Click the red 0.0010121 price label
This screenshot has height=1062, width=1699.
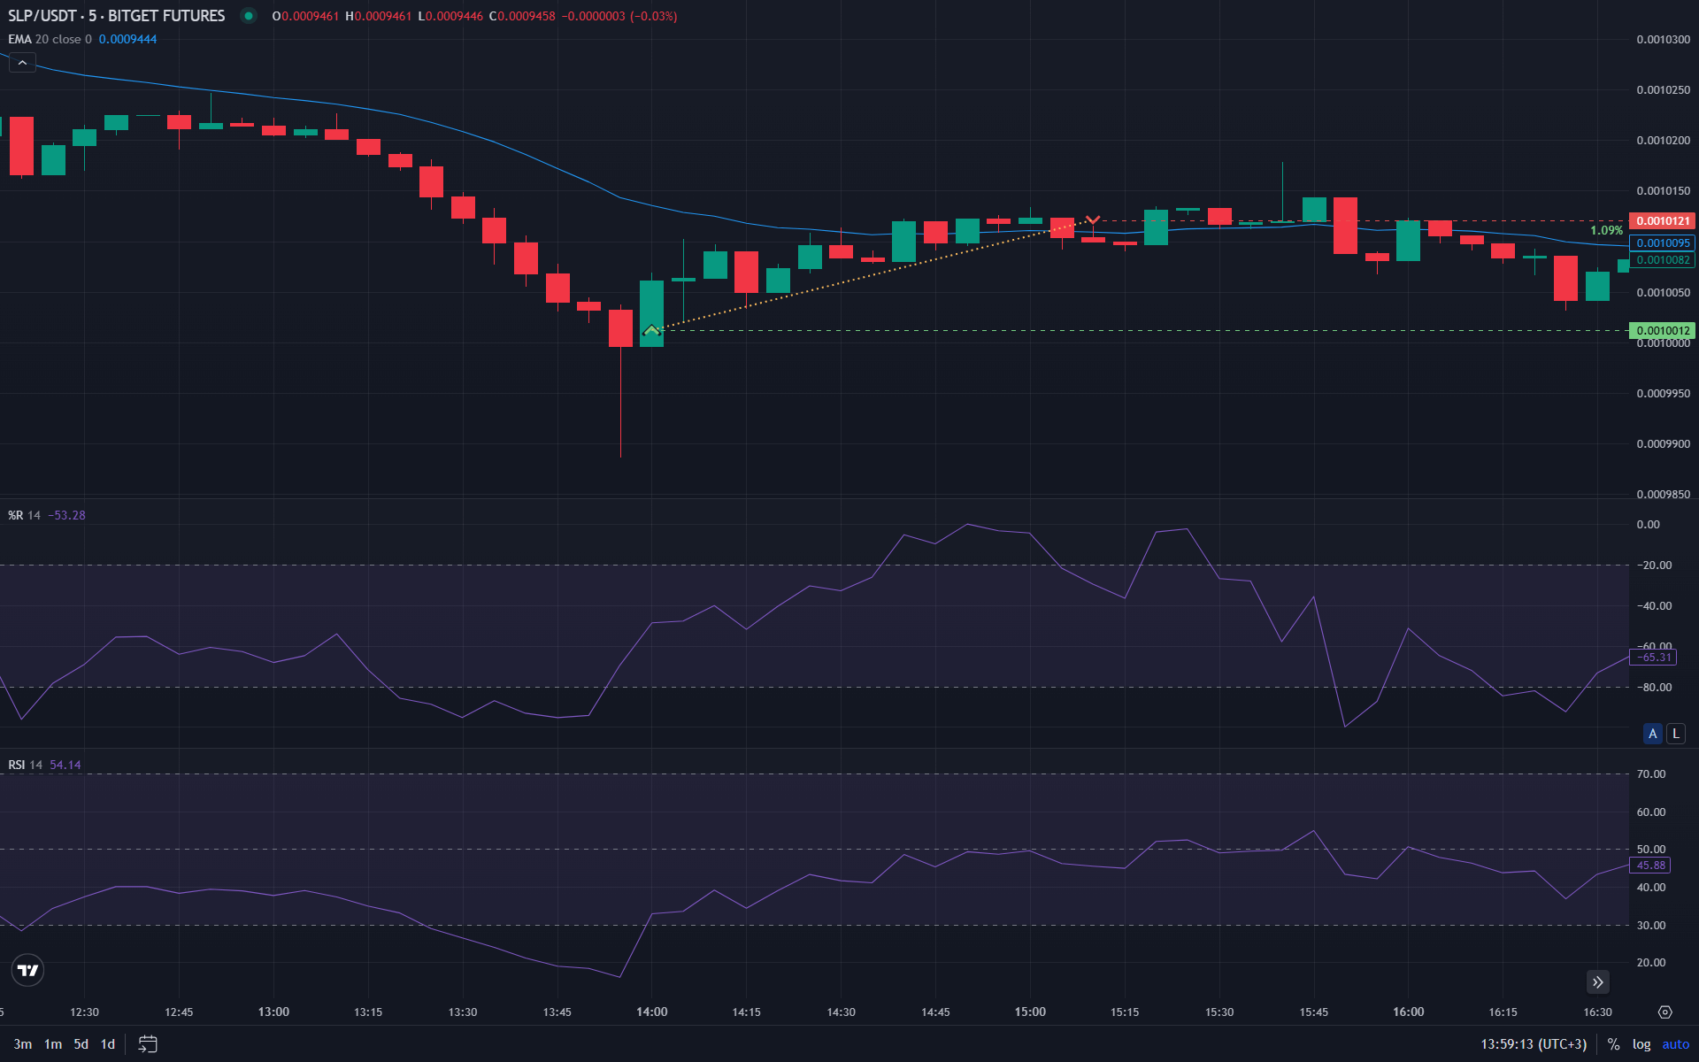point(1662,221)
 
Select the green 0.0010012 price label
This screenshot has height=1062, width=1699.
point(1662,330)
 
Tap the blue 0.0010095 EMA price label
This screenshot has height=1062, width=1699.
point(1662,243)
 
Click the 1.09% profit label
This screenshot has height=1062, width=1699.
point(1606,230)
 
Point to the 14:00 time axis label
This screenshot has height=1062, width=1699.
point(651,1012)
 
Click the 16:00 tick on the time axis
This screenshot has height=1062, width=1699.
point(1408,1012)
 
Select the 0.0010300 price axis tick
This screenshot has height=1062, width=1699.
point(1663,40)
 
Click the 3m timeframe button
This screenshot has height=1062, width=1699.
point(23,1044)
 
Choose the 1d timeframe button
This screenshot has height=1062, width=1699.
point(108,1044)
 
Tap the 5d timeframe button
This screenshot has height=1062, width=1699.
point(81,1044)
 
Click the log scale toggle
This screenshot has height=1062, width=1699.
point(1641,1044)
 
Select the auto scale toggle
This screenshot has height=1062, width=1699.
point(1675,1044)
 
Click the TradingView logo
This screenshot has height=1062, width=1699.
point(27,970)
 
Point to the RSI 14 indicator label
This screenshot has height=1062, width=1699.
point(25,765)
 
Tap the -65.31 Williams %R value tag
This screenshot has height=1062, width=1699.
point(1653,658)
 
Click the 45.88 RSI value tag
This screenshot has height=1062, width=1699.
point(1651,866)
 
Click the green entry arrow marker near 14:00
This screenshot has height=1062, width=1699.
point(651,331)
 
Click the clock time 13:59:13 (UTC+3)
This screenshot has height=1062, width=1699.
point(1534,1044)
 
